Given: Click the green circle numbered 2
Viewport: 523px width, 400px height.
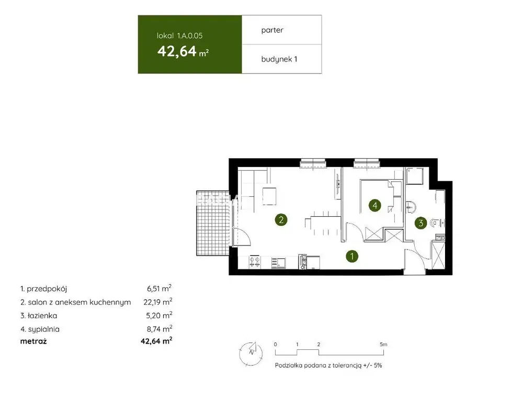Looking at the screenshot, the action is pyautogui.click(x=281, y=220).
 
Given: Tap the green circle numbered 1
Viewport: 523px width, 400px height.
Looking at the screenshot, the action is pyautogui.click(x=352, y=256).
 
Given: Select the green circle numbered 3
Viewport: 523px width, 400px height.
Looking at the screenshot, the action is pyautogui.click(x=420, y=223).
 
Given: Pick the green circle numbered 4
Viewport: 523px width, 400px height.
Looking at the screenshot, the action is pyautogui.click(x=374, y=205).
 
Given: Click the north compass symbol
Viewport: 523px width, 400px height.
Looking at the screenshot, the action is pyautogui.click(x=251, y=353).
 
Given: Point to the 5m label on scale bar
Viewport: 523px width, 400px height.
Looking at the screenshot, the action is pyautogui.click(x=383, y=344).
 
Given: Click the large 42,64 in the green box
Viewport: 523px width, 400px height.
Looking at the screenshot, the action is pyautogui.click(x=177, y=51).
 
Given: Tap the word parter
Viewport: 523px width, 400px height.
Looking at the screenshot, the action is pyautogui.click(x=272, y=30).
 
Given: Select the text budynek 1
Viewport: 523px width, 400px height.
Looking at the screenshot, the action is pyautogui.click(x=279, y=60).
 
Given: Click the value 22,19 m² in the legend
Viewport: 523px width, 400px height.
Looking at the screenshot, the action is pyautogui.click(x=158, y=302).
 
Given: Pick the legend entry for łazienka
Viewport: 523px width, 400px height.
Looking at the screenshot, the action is pyautogui.click(x=39, y=315).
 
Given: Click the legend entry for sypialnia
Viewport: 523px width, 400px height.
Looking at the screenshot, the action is pyautogui.click(x=40, y=329).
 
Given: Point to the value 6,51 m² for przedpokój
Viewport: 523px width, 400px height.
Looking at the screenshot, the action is pyautogui.click(x=159, y=288).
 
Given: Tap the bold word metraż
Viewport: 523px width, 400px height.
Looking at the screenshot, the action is pyautogui.click(x=33, y=342).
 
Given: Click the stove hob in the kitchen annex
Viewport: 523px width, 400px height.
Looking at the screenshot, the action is pyautogui.click(x=255, y=262).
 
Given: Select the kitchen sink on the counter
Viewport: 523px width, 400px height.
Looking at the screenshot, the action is pyautogui.click(x=278, y=263).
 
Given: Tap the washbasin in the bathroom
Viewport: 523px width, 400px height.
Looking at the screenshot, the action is pyautogui.click(x=411, y=207).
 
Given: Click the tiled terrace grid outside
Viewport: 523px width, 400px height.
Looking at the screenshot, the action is pyautogui.click(x=212, y=223).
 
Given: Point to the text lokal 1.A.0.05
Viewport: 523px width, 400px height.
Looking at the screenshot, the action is pyautogui.click(x=179, y=36).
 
